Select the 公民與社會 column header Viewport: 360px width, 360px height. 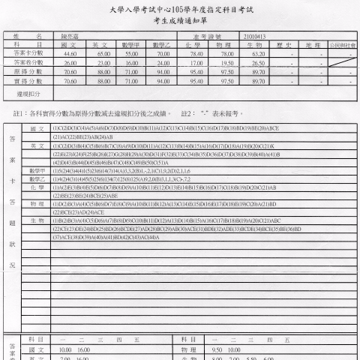click(343, 45)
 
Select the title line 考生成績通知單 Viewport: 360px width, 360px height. click(179, 21)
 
